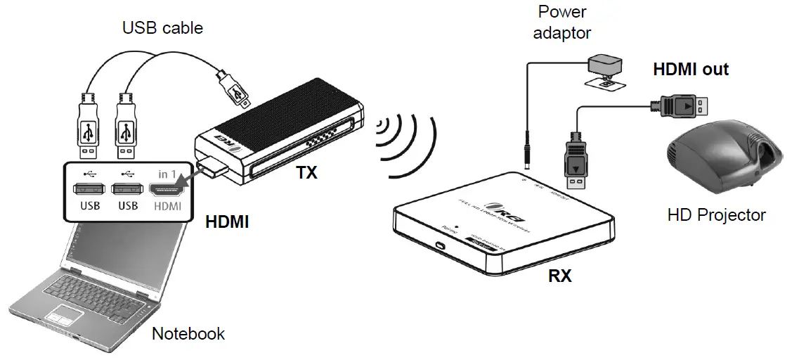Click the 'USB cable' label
coord(162,28)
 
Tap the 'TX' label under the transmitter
coord(306,172)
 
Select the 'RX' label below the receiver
coord(559,276)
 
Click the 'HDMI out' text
coord(691,70)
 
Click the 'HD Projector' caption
coord(716,214)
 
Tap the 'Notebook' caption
coord(188,333)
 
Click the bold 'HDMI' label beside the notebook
coord(227,222)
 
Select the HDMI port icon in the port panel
coord(166,189)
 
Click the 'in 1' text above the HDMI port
coord(166,173)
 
